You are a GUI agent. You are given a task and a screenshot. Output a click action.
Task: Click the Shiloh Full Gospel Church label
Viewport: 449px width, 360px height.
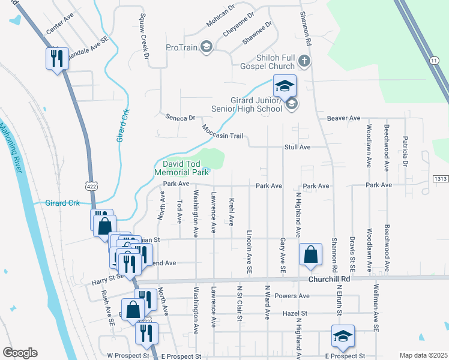(x=265, y=62)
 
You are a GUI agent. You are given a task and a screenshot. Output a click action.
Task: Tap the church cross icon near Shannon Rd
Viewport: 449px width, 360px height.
(x=304, y=61)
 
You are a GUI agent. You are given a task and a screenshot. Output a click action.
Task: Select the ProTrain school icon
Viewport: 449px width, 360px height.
(x=206, y=47)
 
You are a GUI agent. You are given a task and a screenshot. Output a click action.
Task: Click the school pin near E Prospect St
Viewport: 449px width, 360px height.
(x=343, y=336)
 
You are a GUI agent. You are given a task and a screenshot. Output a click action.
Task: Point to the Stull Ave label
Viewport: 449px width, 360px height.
(x=297, y=147)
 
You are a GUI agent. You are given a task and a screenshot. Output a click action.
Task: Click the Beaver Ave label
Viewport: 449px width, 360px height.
(x=343, y=118)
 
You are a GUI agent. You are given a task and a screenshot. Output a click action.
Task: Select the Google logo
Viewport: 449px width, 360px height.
(x=20, y=353)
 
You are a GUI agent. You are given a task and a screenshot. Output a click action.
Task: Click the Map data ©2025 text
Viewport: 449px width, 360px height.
(x=423, y=355)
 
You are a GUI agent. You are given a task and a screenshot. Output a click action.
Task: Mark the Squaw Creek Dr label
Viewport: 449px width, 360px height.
(x=144, y=37)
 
